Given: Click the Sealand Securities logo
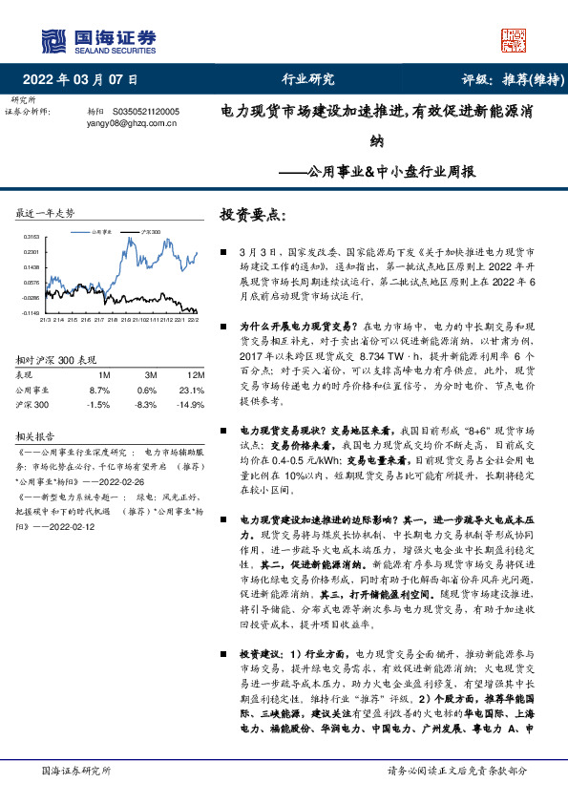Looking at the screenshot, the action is click(x=96, y=38).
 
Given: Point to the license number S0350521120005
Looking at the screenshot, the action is click(x=152, y=112).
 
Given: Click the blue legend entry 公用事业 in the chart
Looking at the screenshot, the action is click(x=107, y=232).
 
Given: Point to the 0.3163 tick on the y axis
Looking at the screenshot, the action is click(x=32, y=236).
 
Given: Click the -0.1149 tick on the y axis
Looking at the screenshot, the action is click(x=32, y=311).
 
